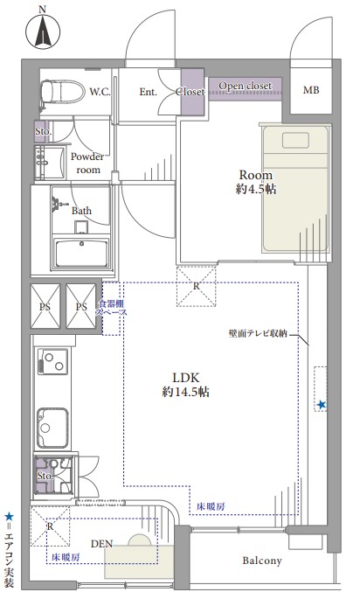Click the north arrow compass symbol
[x=43, y=31]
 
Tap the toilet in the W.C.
[x=63, y=91]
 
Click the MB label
[x=311, y=90]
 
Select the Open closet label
[x=245, y=86]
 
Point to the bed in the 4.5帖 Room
[x=295, y=188]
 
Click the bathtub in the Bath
[x=82, y=253]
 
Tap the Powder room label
[x=87, y=164]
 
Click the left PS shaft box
[x=45, y=306]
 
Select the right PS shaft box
[x=81, y=306]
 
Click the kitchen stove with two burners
[x=52, y=361]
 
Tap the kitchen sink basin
[x=52, y=428]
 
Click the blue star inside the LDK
[x=322, y=405]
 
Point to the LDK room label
[x=185, y=385]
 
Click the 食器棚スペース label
[x=111, y=308]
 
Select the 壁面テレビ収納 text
[x=258, y=333]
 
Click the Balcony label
[x=262, y=561]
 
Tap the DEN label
[x=101, y=544]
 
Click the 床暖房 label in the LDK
[x=211, y=506]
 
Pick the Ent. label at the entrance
[x=148, y=91]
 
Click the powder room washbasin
[x=50, y=163]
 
